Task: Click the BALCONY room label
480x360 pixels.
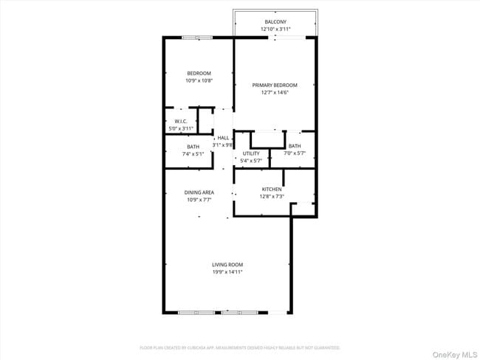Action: tap(275, 22)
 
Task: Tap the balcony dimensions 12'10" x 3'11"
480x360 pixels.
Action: tap(275, 30)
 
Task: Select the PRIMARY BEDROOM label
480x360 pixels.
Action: tap(275, 86)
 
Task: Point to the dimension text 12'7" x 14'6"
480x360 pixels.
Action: tap(275, 93)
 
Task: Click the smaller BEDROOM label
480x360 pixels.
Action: tap(199, 73)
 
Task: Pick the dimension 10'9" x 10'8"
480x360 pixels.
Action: tap(199, 80)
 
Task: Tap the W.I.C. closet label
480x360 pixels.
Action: tap(181, 121)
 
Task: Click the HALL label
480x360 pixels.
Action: tap(223, 137)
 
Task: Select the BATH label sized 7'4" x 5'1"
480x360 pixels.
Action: tap(193, 147)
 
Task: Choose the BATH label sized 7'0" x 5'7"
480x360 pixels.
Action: tap(295, 146)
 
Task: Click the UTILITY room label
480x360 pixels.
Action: tap(251, 153)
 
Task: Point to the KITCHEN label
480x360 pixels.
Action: tap(272, 190)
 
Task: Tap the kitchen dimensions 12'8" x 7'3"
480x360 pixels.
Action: tap(272, 197)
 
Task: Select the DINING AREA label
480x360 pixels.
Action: tap(199, 193)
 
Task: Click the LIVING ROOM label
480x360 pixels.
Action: tap(227, 265)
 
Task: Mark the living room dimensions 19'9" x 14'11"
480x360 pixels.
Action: tap(227, 272)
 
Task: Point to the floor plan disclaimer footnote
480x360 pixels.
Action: tap(240, 347)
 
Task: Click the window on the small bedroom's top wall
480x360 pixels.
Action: tap(198, 37)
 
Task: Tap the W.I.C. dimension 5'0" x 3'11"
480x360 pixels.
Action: tap(181, 128)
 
